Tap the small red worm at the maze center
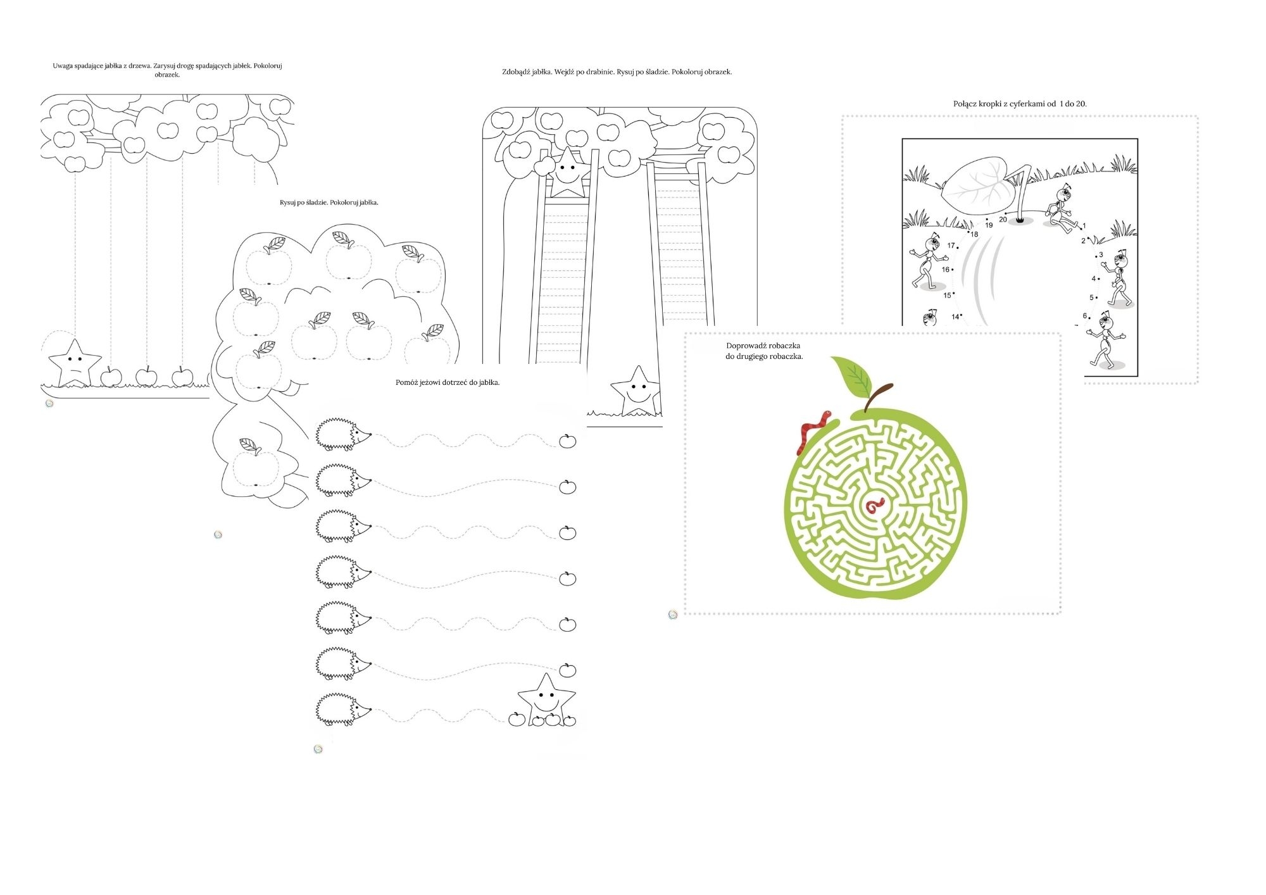tap(875, 505)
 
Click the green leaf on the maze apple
tap(852, 377)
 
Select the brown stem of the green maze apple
tap(877, 397)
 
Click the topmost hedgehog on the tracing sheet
tap(343, 434)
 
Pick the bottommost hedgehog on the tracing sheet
tap(343, 709)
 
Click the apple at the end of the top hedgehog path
tap(568, 441)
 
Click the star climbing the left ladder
tap(568, 172)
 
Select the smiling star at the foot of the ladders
tap(636, 391)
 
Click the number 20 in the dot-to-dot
tap(1003, 220)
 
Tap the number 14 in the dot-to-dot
tap(955, 317)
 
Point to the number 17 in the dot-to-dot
tap(951, 246)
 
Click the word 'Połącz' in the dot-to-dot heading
tap(966, 104)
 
